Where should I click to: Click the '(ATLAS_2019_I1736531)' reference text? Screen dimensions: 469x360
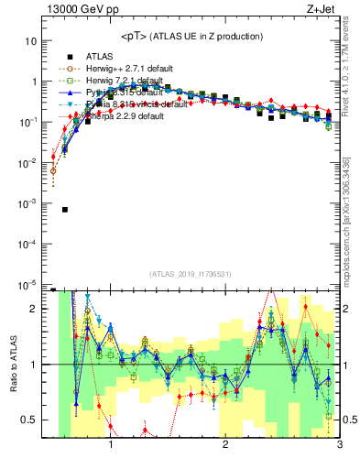pyautogui.click(x=191, y=274)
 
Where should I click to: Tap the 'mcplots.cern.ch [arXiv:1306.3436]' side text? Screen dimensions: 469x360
pyautogui.click(x=345, y=211)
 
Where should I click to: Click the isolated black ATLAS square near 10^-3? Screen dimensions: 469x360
pyautogui.click(x=65, y=209)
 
